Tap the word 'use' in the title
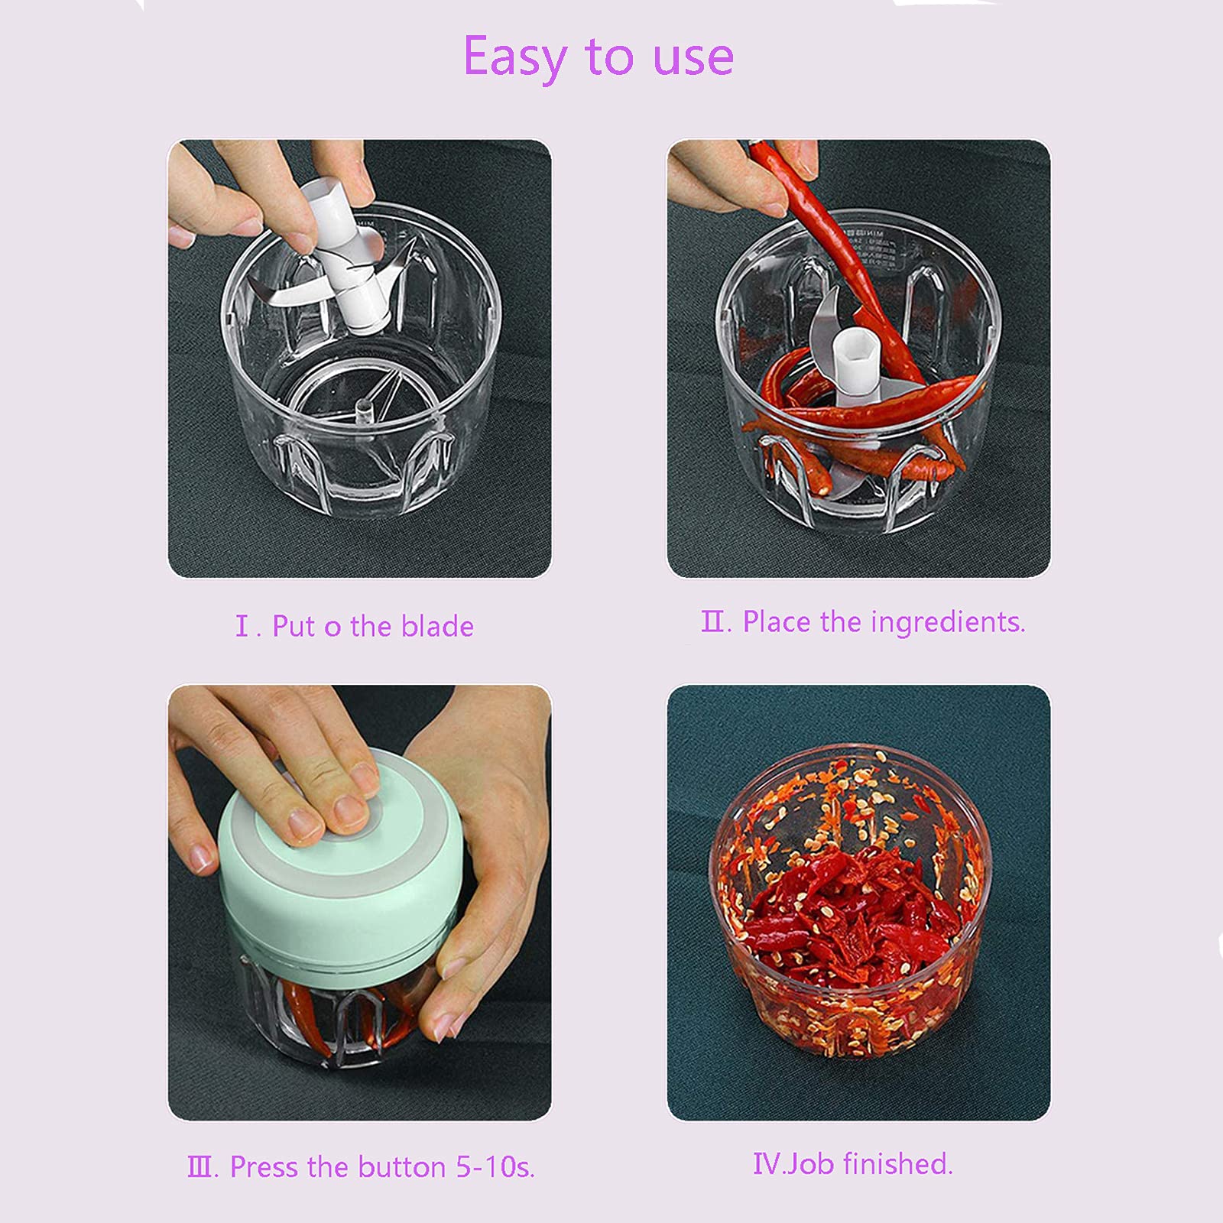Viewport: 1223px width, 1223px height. coord(693,58)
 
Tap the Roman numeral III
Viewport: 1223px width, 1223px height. coord(203,1167)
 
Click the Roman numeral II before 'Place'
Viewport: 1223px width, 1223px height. coord(714,621)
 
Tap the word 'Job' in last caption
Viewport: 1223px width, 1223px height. coord(810,1164)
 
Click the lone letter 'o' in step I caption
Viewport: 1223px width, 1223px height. coord(333,628)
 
